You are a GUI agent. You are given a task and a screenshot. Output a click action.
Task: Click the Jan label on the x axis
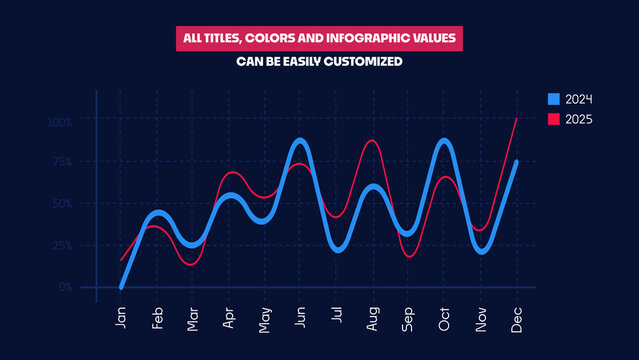pyautogui.click(x=121, y=319)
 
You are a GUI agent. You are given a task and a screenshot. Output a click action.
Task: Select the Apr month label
pyautogui.click(x=228, y=319)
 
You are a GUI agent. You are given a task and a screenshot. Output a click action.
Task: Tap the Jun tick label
pyautogui.click(x=300, y=319)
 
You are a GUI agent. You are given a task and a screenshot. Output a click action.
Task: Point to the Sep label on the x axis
pyautogui.click(x=408, y=319)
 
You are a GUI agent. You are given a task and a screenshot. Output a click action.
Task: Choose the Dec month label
pyautogui.click(x=516, y=319)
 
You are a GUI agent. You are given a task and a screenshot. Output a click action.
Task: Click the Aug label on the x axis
pyautogui.click(x=372, y=319)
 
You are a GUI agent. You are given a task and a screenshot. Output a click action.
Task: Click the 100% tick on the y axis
pyautogui.click(x=60, y=122)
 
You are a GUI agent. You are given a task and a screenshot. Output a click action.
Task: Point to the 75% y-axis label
pyautogui.click(x=62, y=162)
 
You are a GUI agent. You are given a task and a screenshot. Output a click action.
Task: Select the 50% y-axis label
pyautogui.click(x=62, y=203)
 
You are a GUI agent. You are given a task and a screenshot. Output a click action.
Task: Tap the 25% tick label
pyautogui.click(x=62, y=245)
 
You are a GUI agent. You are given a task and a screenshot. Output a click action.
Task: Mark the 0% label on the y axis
pyautogui.click(x=65, y=287)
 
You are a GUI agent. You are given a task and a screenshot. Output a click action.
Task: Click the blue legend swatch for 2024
pyautogui.click(x=553, y=99)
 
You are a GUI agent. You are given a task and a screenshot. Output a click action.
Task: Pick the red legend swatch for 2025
pyautogui.click(x=553, y=120)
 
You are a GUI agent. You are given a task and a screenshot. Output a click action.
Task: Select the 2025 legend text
pyautogui.click(x=579, y=120)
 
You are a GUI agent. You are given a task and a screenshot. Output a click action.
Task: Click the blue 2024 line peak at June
pyautogui.click(x=300, y=141)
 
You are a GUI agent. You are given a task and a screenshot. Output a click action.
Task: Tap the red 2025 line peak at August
pyautogui.click(x=372, y=141)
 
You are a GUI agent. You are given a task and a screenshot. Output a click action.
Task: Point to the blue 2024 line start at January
pyautogui.click(x=121, y=286)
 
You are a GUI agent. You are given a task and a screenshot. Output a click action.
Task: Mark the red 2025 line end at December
pyautogui.click(x=516, y=119)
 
